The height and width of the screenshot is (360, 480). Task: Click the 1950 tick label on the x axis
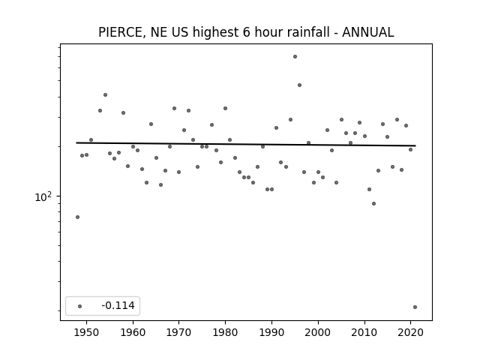[x=87, y=332]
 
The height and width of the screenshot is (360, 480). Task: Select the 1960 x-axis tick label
[x=133, y=332]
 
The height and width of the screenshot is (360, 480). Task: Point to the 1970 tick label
[x=178, y=332]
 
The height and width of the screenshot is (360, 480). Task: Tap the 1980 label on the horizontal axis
[x=225, y=332]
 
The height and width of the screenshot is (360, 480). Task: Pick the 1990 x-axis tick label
[x=271, y=332]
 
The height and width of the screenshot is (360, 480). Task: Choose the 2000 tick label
[x=318, y=332]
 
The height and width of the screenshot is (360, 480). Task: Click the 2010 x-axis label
[x=364, y=332]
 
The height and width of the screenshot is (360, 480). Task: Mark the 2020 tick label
[x=410, y=332]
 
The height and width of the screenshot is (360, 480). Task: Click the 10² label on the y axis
[x=43, y=196]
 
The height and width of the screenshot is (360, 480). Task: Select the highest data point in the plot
[x=295, y=57]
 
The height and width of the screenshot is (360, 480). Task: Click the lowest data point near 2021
[x=415, y=307]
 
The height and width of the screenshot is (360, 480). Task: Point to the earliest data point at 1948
[x=77, y=217]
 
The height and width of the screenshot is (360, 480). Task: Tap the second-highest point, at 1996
[x=299, y=85]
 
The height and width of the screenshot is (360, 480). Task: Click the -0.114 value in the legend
[x=118, y=305]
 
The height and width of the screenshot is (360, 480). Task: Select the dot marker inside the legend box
[x=79, y=306]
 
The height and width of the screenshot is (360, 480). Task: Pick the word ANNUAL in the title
[x=368, y=32]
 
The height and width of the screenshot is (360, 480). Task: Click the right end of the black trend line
[x=415, y=145]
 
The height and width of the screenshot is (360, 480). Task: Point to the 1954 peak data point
[x=105, y=95]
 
